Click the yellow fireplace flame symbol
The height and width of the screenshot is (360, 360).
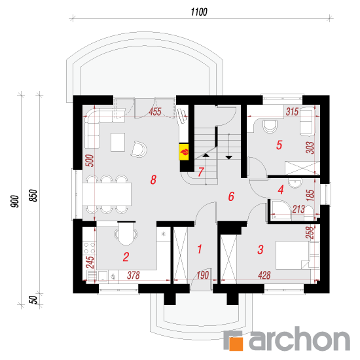point(184,152)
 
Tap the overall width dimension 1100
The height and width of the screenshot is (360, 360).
point(199,12)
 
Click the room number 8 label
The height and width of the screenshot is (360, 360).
point(153,179)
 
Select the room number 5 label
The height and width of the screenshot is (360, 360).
point(279,145)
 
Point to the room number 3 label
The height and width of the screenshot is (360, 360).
point(261,249)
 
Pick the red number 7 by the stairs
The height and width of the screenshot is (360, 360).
point(201,171)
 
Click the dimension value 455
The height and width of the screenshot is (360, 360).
point(155,112)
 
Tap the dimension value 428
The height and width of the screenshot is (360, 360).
point(264,275)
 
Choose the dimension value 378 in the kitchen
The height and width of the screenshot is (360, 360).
point(134,275)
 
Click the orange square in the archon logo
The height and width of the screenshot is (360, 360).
point(236,344)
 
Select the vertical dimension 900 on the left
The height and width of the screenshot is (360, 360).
point(14,202)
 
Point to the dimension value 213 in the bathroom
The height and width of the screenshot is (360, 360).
point(298,209)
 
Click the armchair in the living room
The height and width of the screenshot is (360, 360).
point(139,149)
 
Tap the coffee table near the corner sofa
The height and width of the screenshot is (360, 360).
point(118,142)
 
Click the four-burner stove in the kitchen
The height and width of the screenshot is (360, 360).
point(89,248)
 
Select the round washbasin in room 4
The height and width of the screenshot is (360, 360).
point(295,183)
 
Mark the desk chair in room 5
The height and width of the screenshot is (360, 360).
point(270,126)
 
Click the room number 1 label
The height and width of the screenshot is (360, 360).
point(200,249)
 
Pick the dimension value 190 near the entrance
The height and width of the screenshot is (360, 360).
point(203,275)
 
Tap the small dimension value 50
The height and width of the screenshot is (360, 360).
point(33,300)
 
